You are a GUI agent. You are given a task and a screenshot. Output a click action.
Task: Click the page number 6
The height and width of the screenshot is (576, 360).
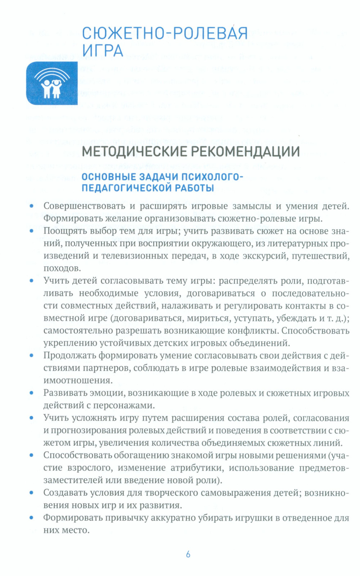click(188, 554)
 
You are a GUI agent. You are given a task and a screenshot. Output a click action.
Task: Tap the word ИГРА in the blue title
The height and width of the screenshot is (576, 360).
click(103, 50)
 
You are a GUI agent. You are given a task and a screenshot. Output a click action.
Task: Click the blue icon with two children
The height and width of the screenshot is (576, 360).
click(52, 83)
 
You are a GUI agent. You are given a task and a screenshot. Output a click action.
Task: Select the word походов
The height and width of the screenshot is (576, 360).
click(62, 268)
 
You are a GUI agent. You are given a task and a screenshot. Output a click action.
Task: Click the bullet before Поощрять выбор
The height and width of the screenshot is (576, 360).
click(32, 231)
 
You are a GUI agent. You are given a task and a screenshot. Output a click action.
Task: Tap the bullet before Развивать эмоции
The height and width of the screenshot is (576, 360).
click(32, 393)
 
